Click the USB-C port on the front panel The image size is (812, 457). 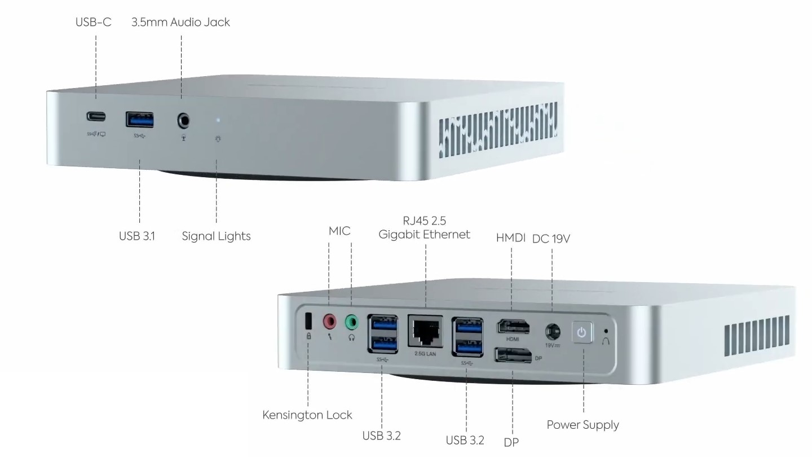96,116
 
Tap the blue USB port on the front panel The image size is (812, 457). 140,120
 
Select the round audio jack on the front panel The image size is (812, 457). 183,121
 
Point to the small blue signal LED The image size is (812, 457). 218,120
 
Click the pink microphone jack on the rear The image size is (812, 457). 329,322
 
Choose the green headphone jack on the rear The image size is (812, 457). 352,322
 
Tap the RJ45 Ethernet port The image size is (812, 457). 425,332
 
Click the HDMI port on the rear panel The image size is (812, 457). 513,327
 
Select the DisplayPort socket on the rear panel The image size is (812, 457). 513,355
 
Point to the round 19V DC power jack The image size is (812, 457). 553,332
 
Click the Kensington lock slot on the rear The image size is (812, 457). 308,320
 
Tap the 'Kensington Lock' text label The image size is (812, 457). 307,415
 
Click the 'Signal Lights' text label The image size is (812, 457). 216,236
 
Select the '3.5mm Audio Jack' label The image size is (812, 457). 180,22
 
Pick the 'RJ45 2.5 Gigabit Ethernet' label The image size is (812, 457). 425,227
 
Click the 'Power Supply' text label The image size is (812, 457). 582,425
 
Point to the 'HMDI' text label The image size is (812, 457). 510,238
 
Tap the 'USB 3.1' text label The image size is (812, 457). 136,236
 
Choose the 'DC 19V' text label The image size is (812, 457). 551,239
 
